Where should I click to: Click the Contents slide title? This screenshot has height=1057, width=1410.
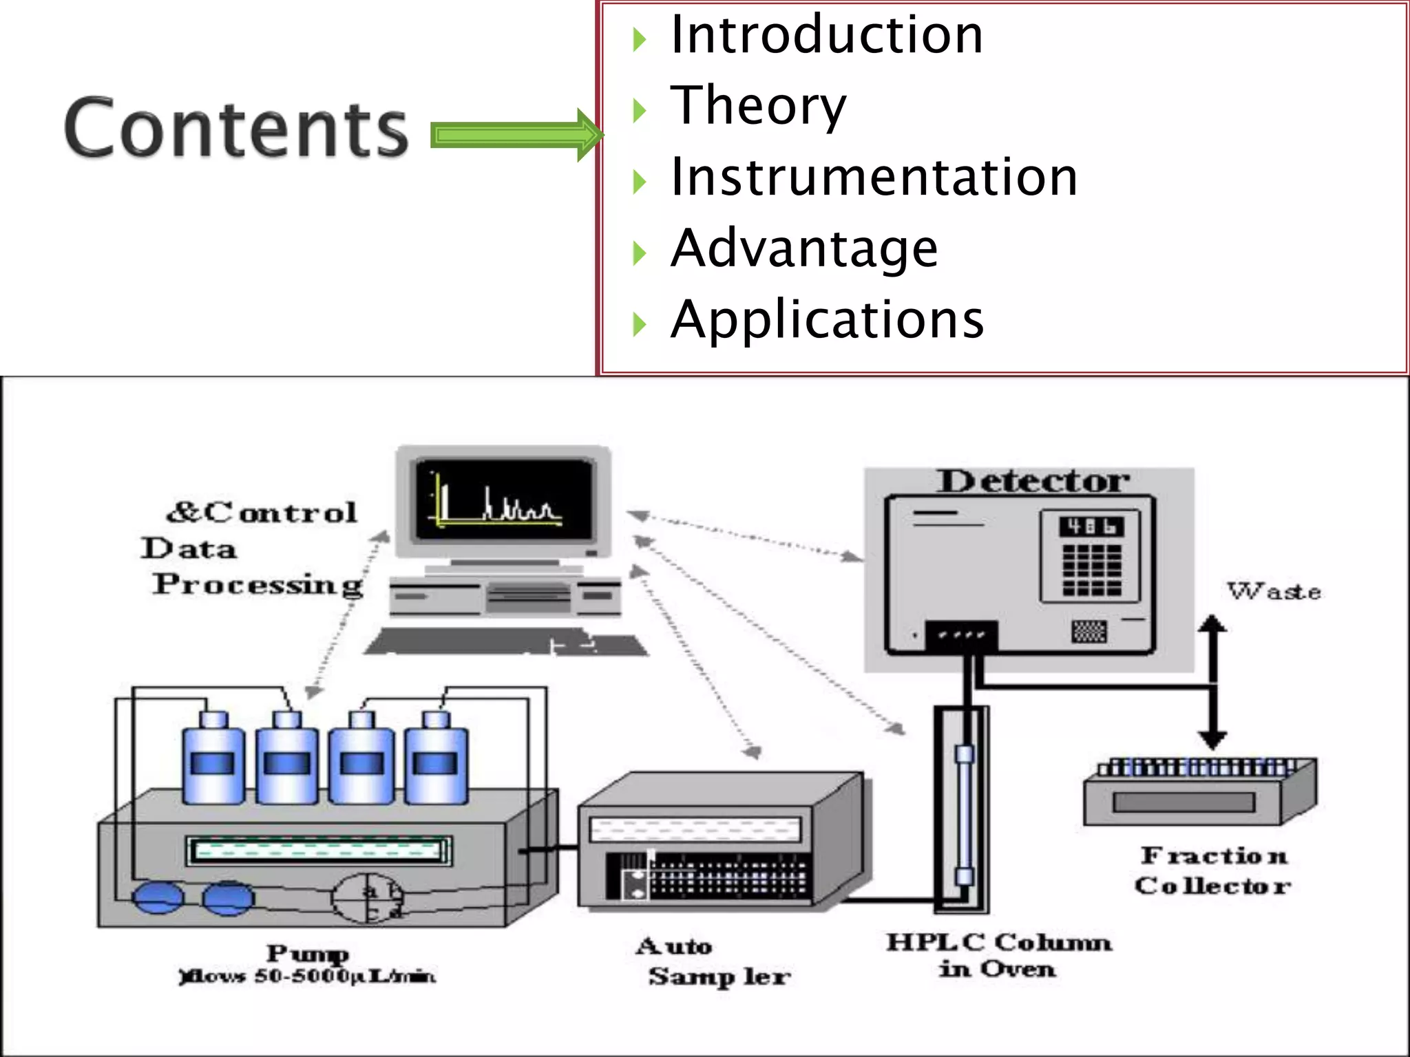(x=236, y=128)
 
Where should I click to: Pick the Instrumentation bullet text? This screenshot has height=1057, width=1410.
(x=874, y=177)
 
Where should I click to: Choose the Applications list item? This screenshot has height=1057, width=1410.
(x=827, y=319)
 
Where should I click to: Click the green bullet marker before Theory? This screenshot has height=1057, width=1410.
(x=640, y=110)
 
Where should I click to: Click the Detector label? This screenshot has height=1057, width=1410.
(x=1033, y=481)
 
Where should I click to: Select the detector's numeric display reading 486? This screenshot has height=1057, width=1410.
(x=1091, y=527)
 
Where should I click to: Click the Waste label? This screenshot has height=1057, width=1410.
(x=1274, y=591)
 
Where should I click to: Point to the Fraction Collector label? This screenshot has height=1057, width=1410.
(x=1213, y=871)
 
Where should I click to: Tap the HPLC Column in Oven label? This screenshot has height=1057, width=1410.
(x=998, y=954)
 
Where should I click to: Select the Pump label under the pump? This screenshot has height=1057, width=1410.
(x=308, y=953)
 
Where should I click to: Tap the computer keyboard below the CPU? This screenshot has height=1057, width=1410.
(x=506, y=642)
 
